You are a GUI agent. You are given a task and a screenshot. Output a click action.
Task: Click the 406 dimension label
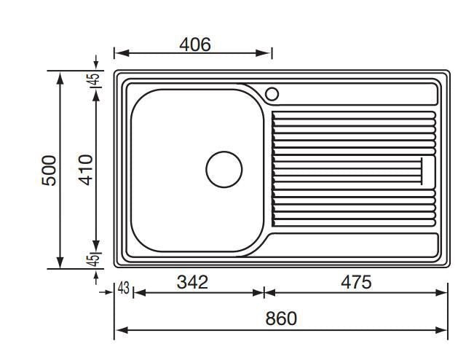[195, 44]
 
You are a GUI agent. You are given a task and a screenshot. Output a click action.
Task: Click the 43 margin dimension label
[124, 288]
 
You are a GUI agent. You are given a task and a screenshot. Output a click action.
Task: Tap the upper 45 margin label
[92, 79]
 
